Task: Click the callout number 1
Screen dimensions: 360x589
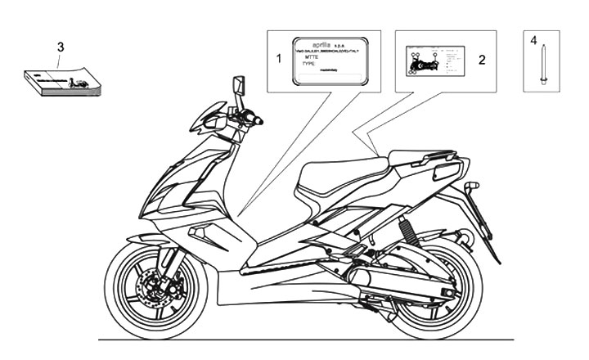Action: pos(278,59)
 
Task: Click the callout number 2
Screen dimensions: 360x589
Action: pos(482,60)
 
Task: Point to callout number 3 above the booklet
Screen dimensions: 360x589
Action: pos(60,47)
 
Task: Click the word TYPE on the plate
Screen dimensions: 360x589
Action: pos(308,62)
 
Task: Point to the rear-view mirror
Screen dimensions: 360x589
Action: pos(239,86)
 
